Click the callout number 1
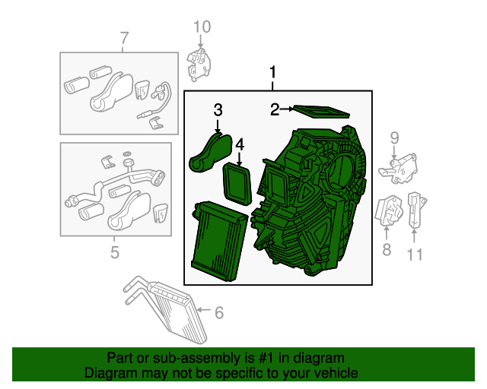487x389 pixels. (272, 74)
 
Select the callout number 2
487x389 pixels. (274, 110)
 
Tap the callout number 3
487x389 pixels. (218, 110)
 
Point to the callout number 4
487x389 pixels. (240, 144)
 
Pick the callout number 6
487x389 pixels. (219, 311)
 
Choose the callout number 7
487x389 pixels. (124, 37)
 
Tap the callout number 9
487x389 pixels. (395, 137)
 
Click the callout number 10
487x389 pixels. (200, 28)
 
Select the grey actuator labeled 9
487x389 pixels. (401, 169)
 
